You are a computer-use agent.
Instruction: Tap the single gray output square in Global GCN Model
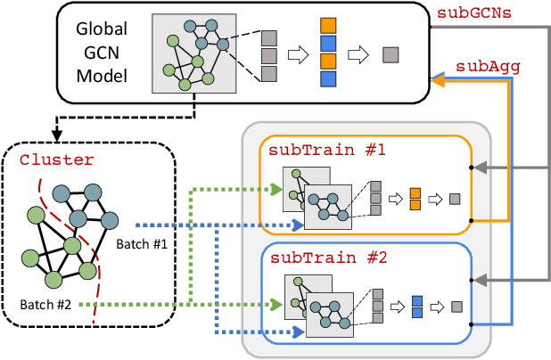390,55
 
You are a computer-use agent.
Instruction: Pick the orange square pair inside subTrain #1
415,199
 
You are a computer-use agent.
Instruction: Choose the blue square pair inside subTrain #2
415,306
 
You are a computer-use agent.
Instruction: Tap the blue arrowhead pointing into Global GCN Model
437,80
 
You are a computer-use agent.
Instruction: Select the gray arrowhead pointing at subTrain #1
482,167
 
